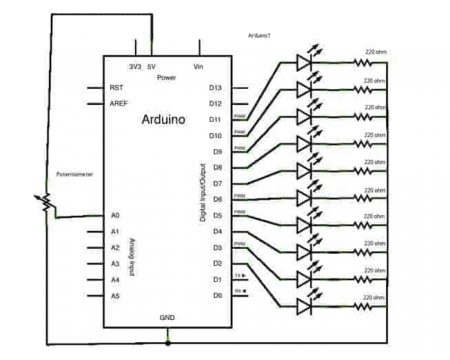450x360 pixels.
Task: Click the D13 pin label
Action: click(x=215, y=87)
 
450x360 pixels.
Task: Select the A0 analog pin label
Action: click(x=115, y=214)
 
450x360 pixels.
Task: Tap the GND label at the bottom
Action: click(x=166, y=317)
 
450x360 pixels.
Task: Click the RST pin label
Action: click(x=116, y=87)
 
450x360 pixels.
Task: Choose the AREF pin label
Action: click(x=119, y=103)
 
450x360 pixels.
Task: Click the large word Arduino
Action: click(x=156, y=118)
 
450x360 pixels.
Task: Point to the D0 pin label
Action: click(x=215, y=296)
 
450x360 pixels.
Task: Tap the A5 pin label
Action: click(x=115, y=296)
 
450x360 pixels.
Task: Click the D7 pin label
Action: click(x=215, y=183)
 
